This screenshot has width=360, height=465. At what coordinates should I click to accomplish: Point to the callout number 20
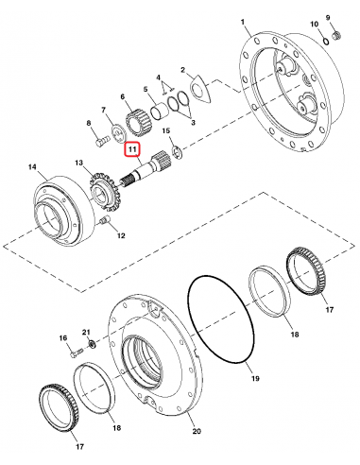197,432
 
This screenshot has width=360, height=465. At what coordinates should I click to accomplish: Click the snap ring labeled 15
176,152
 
